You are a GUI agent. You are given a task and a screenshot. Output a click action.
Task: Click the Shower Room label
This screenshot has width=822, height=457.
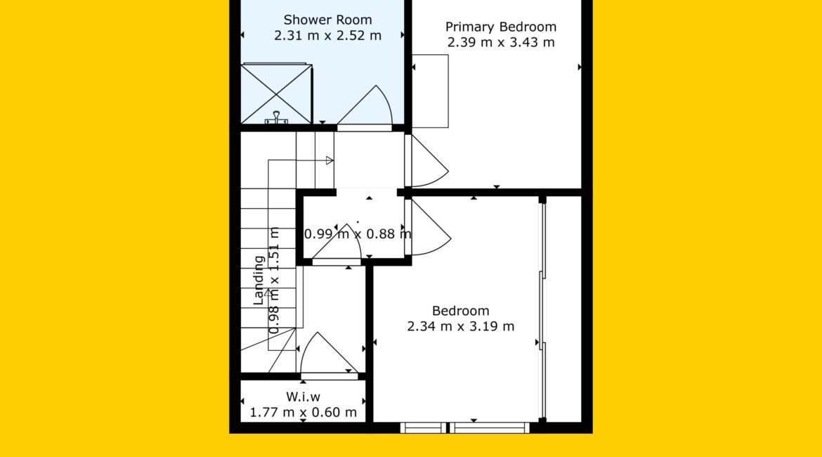click(327, 20)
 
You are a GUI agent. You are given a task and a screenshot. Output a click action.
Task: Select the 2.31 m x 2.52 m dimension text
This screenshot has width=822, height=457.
click(327, 36)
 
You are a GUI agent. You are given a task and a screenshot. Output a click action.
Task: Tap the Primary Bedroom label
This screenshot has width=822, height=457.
click(501, 27)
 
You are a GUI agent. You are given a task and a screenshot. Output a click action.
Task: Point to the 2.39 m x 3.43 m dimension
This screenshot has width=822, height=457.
click(501, 42)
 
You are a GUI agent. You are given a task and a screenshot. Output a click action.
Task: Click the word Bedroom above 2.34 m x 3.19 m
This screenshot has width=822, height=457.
click(461, 311)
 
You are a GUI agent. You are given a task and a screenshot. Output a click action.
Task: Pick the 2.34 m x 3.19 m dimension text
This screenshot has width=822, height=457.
click(461, 326)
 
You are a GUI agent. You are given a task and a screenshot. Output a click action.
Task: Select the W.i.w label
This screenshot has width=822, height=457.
click(303, 397)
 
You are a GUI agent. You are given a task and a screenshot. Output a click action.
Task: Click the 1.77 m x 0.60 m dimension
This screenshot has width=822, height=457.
click(303, 413)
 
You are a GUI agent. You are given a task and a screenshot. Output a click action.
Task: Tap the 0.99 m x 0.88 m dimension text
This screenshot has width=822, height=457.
click(358, 234)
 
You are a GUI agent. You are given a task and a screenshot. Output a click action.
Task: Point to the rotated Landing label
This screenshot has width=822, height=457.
click(259, 281)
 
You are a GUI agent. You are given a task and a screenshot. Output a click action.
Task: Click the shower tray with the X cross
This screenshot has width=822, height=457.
click(276, 94)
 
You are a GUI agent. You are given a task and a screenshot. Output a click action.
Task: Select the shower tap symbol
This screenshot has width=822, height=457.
click(276, 118)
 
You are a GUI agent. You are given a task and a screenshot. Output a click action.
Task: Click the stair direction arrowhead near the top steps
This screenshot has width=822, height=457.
click(330, 160)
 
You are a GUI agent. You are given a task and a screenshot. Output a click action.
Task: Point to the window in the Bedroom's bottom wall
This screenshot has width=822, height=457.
click(465, 427)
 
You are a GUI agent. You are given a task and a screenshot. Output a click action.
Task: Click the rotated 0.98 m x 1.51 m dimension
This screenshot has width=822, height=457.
click(275, 281)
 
